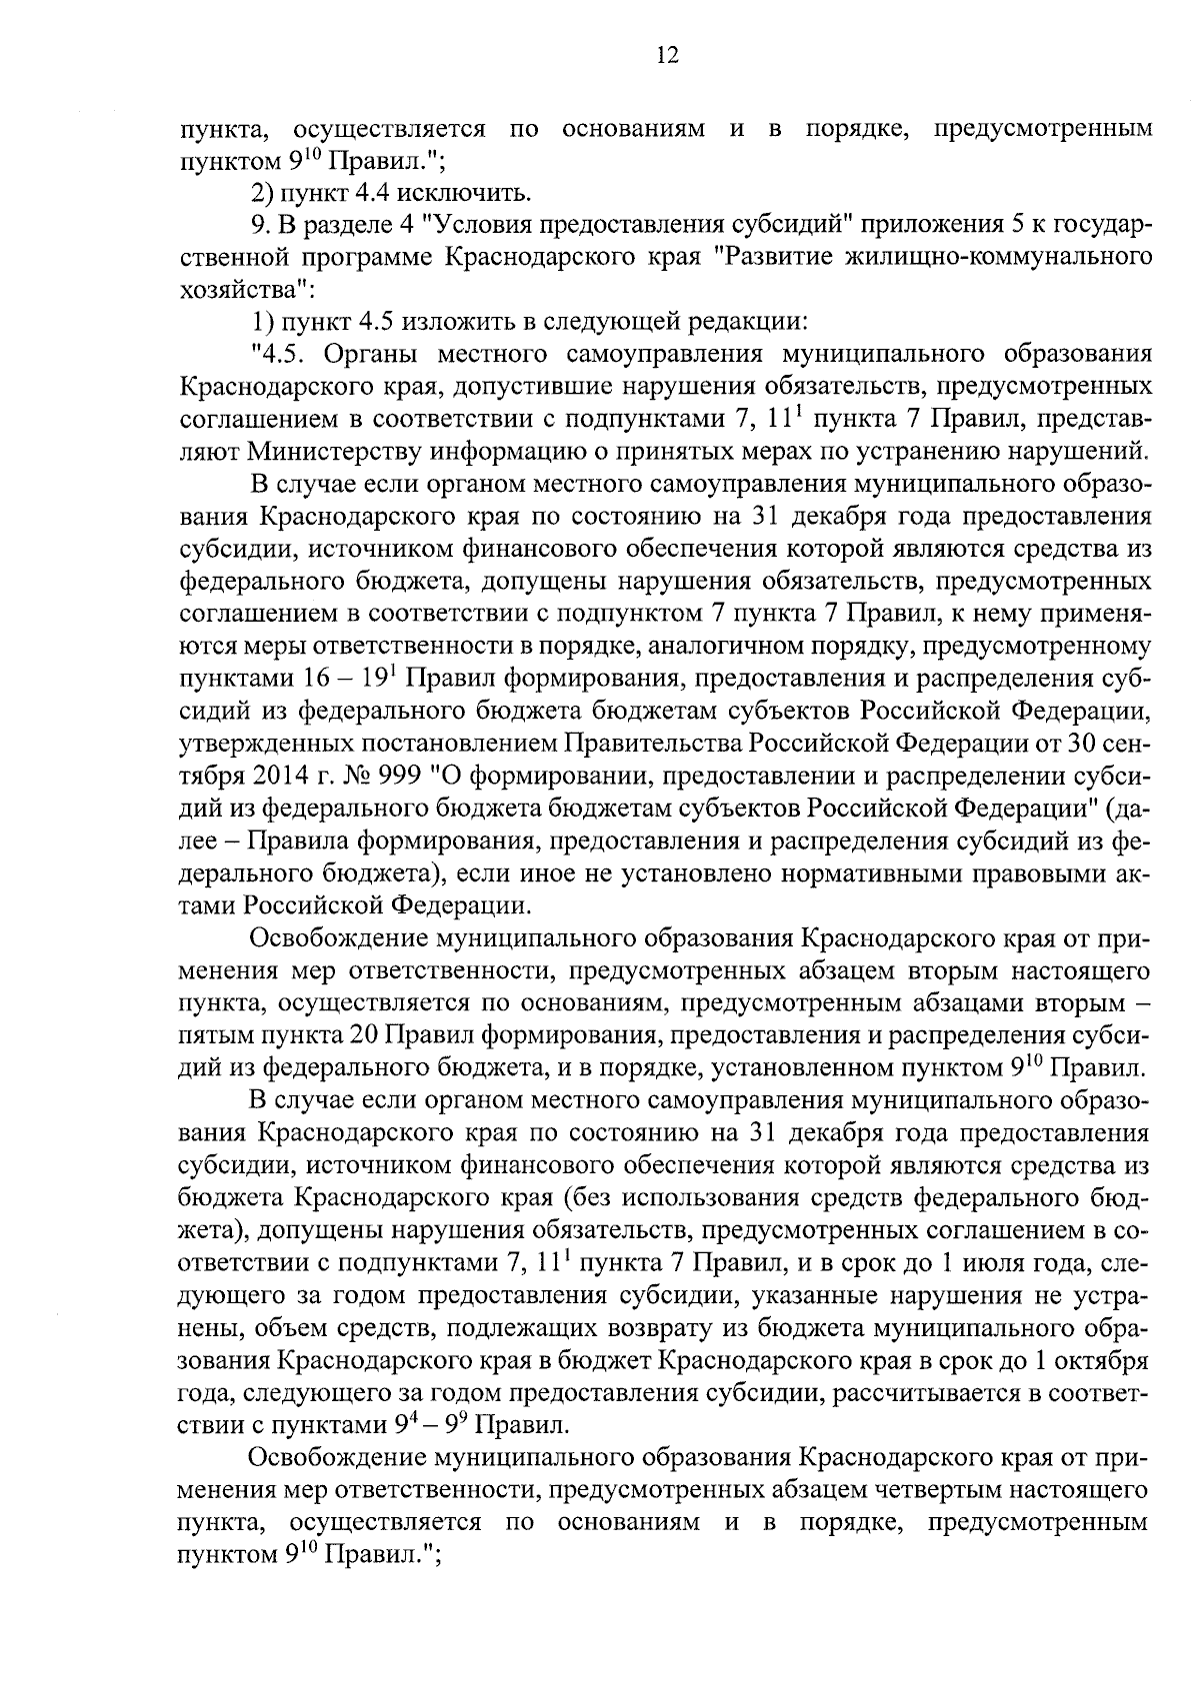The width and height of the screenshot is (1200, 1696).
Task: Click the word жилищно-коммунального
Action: (971, 258)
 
